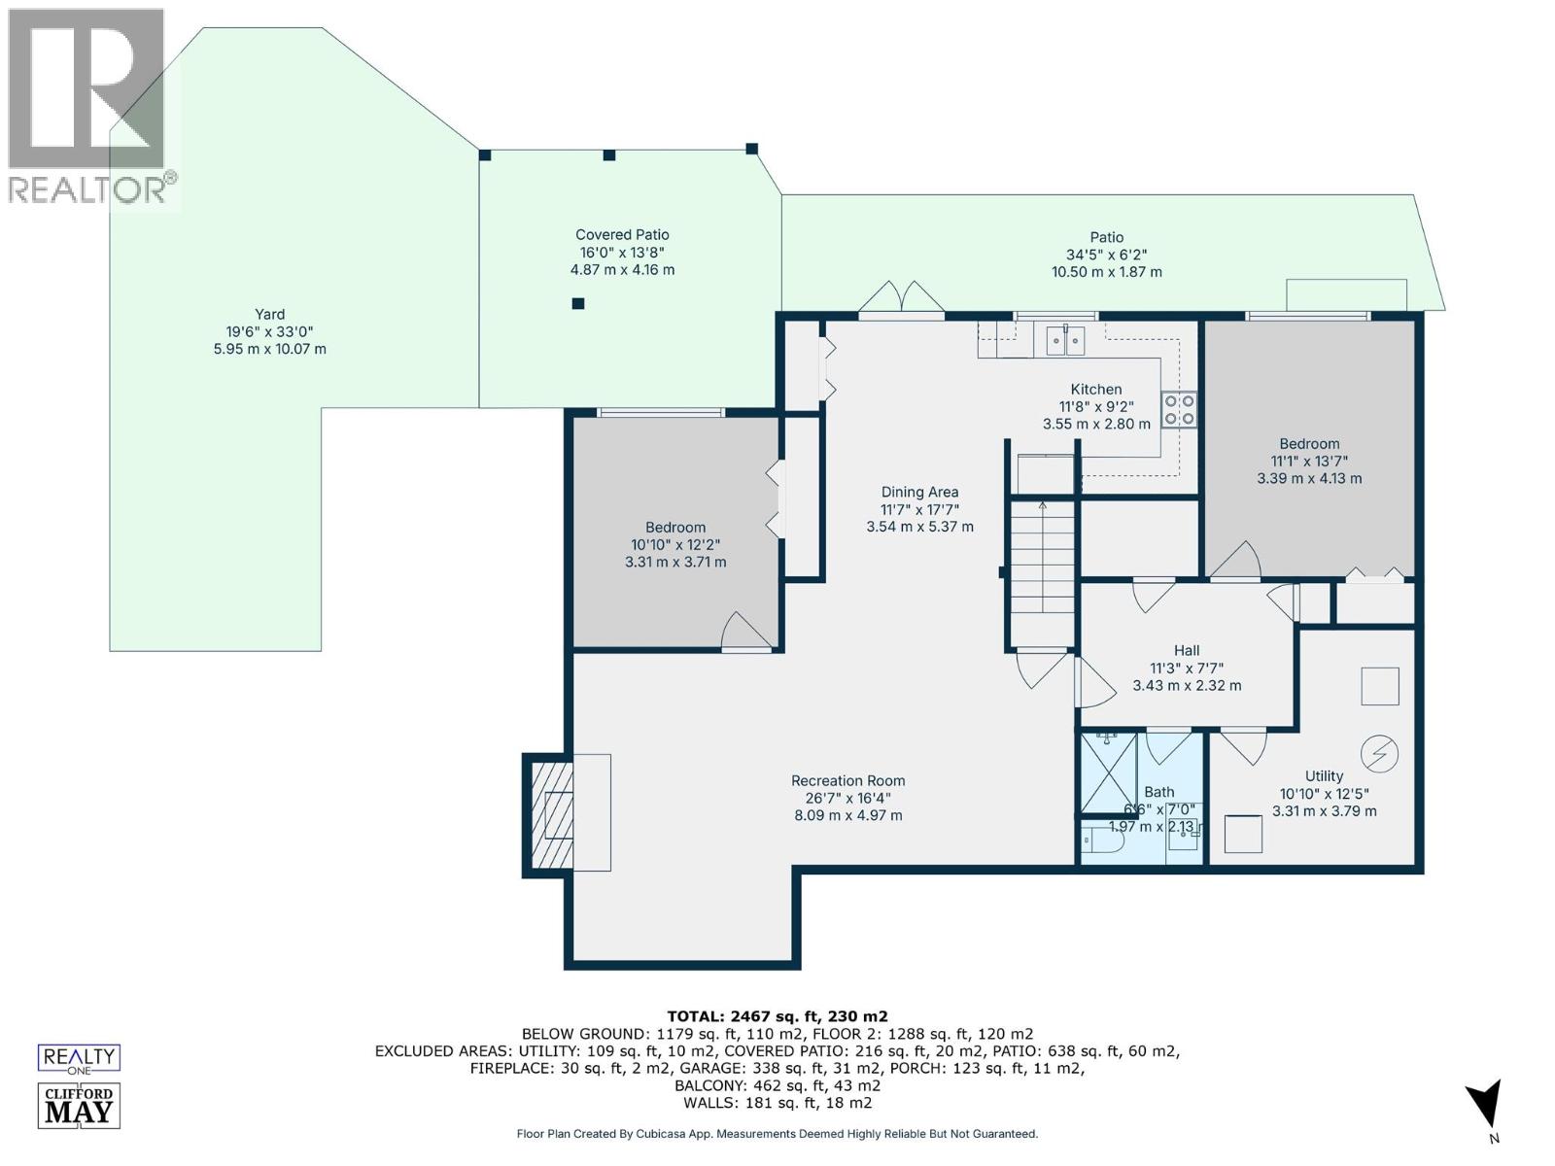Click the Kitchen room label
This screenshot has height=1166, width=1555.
1096,390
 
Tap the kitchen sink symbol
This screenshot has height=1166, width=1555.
1065,341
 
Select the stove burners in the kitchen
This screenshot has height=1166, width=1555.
1180,410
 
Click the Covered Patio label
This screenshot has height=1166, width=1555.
622,235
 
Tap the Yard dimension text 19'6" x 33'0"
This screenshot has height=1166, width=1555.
269,331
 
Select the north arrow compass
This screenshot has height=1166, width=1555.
1484,1108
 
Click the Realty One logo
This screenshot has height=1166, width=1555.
79,1058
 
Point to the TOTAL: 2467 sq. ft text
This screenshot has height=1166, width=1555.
777,1016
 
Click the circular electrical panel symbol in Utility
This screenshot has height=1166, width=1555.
1379,753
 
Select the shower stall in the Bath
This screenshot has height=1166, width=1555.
1109,772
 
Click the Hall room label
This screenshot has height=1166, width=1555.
1186,651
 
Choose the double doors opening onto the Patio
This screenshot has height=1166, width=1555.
901,300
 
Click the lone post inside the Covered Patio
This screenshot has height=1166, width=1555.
578,303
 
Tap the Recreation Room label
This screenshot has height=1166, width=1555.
847,781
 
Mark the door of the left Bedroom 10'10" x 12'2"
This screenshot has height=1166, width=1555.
746,632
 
